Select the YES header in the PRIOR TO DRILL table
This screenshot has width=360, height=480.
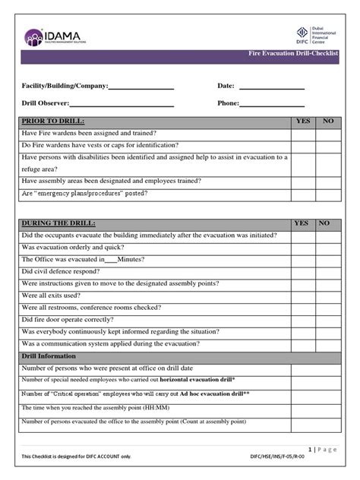pyautogui.click(x=302, y=122)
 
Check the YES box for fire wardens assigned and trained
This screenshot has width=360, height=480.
pyautogui.click(x=302, y=133)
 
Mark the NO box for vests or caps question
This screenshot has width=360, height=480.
pyautogui.click(x=329, y=145)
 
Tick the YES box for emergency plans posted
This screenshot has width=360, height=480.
pyautogui.click(x=302, y=194)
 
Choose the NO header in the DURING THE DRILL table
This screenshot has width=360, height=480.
pyautogui.click(x=325, y=223)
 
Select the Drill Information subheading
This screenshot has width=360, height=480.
pyautogui.click(x=49, y=356)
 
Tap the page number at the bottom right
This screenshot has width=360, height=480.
pyautogui.click(x=324, y=450)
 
